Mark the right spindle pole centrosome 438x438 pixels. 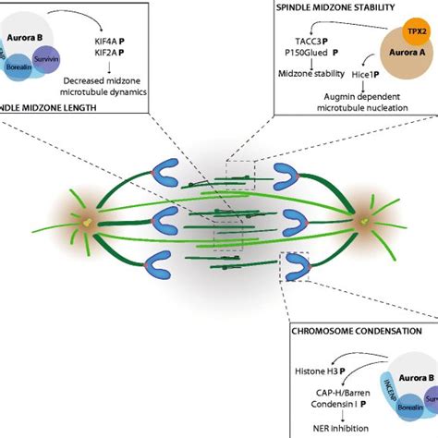point(365,222)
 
